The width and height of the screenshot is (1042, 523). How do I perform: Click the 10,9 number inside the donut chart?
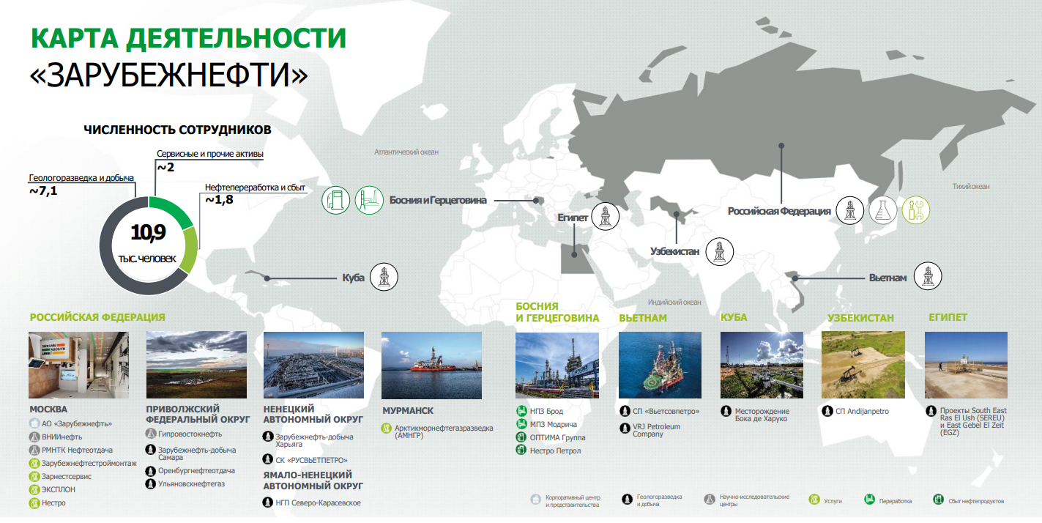click(149, 234)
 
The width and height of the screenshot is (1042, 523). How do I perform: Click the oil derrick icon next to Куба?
click(384, 278)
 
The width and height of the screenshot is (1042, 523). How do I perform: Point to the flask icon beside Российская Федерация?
click(884, 210)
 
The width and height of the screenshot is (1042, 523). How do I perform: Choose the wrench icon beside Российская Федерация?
click(916, 210)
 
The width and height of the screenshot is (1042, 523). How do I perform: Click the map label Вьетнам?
click(887, 278)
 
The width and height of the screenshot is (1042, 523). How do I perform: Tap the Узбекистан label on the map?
click(674, 251)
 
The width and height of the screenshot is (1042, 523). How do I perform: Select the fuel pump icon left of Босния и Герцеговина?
click(336, 200)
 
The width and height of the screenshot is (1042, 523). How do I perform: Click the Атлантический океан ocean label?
click(406, 152)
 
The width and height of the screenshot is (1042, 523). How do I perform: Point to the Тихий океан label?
click(971, 186)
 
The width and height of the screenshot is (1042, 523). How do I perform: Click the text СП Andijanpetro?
click(862, 412)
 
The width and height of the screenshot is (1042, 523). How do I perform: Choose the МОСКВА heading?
click(48, 409)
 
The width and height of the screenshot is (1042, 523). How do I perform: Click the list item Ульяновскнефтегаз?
click(191, 484)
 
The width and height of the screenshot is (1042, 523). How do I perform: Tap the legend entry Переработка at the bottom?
click(895, 501)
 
